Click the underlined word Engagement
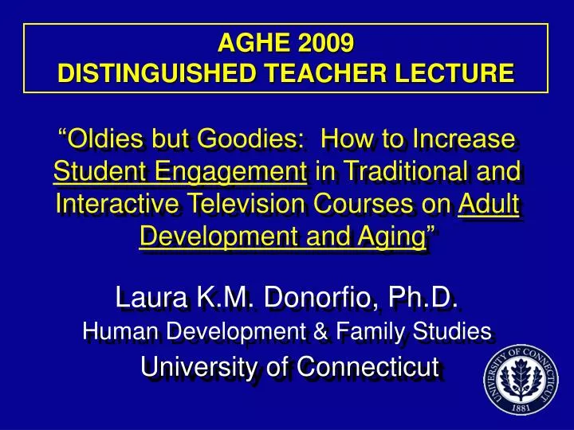[x=231, y=171]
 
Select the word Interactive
[x=120, y=204]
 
